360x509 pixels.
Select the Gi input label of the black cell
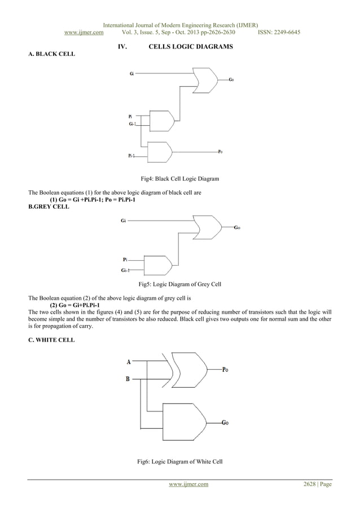click(x=131, y=73)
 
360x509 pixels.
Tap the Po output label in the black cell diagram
click(x=221, y=151)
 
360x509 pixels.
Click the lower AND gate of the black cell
click(x=159, y=151)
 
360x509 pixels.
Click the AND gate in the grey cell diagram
click(x=157, y=265)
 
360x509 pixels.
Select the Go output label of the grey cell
click(x=238, y=227)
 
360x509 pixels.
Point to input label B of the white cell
click(x=128, y=379)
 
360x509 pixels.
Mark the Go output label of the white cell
click(x=225, y=422)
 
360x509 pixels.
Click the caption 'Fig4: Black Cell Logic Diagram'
click(x=179, y=179)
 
